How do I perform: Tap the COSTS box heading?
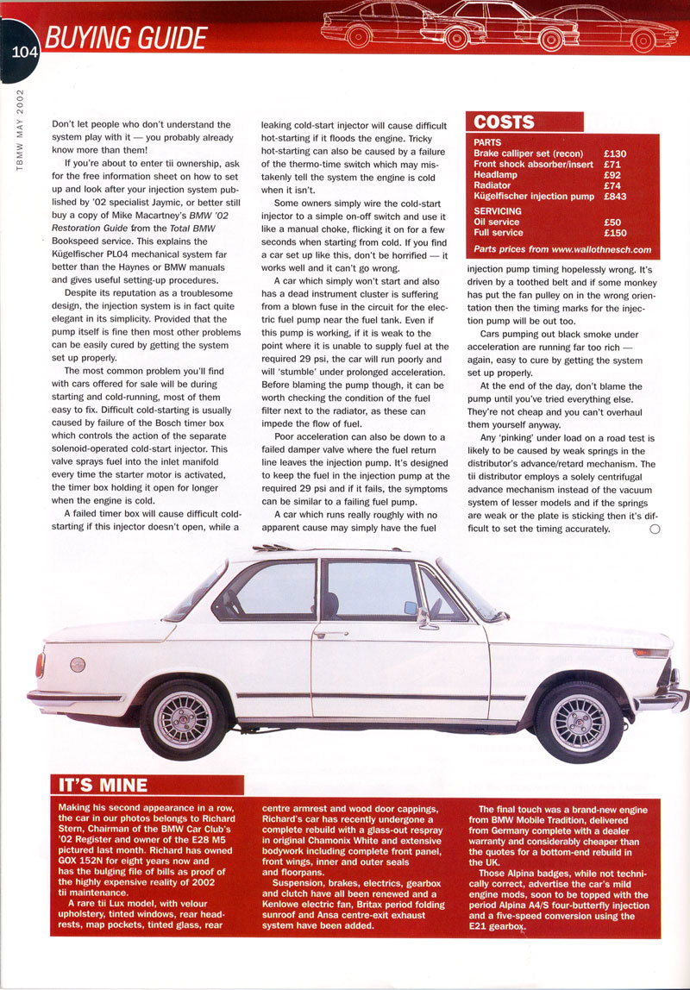[x=505, y=122]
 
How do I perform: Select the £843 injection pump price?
[x=616, y=196]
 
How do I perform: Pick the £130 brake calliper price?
[x=616, y=154]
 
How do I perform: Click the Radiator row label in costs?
[x=492, y=185]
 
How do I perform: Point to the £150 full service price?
[x=616, y=233]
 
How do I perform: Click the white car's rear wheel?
[x=182, y=717]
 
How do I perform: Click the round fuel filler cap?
[x=78, y=665]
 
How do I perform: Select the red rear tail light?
[x=40, y=664]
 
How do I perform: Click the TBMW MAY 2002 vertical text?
[x=19, y=129]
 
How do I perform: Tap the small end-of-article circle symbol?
[x=655, y=529]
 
